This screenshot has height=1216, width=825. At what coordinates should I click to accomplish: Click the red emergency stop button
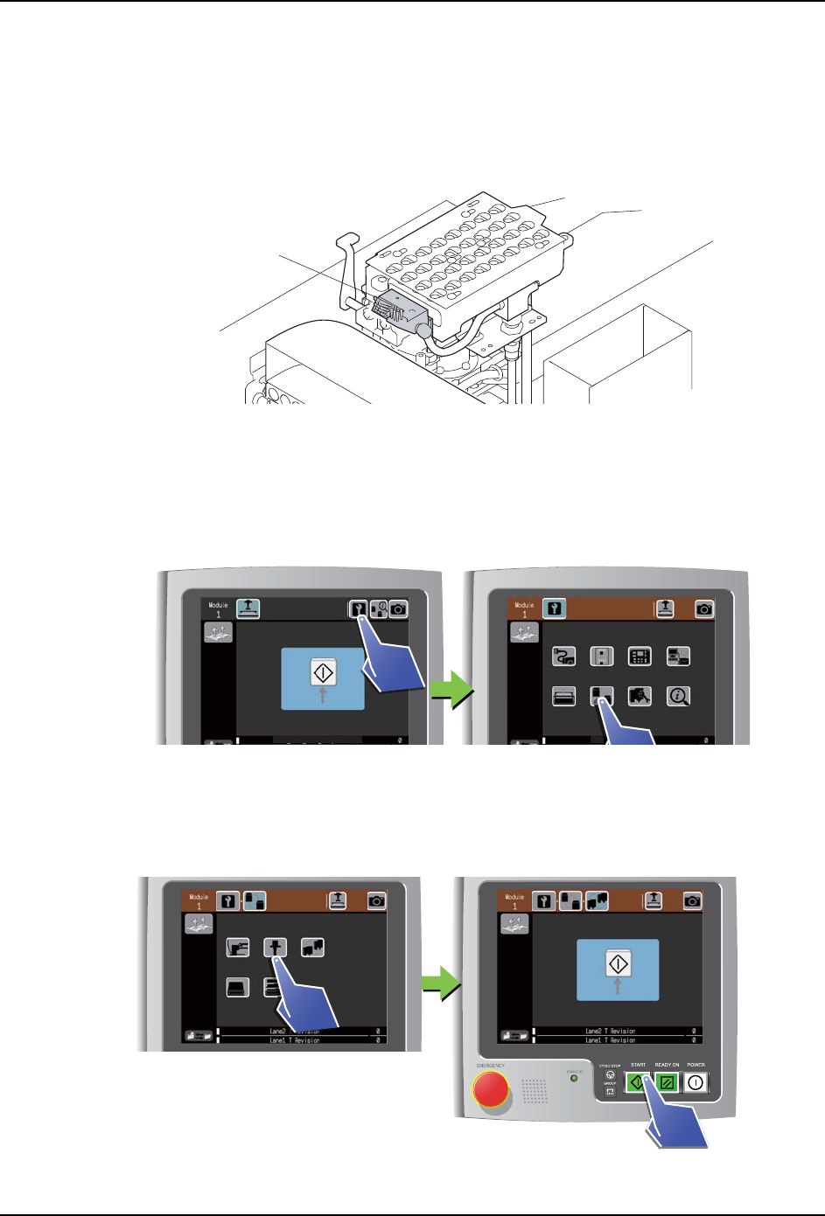point(491,1089)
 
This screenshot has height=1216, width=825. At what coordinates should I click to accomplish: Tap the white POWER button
point(696,1082)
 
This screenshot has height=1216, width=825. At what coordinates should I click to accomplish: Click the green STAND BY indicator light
point(574,1079)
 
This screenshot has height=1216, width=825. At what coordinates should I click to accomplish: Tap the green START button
point(637,1082)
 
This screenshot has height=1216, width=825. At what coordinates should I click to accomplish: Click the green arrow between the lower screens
point(440,983)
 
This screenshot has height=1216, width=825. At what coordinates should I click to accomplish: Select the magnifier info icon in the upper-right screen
point(678,696)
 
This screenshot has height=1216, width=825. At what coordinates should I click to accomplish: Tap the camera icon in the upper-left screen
point(398,608)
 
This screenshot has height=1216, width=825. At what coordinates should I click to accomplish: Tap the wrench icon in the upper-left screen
point(358,608)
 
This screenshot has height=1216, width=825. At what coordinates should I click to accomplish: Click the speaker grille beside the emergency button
point(535,1089)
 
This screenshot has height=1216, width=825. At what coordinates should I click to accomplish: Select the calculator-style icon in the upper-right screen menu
point(640,657)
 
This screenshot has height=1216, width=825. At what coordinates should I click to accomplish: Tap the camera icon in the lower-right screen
point(692,900)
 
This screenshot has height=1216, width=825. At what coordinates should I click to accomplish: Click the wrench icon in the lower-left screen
point(228,900)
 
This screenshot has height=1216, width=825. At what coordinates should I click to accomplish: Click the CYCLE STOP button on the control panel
point(610,1075)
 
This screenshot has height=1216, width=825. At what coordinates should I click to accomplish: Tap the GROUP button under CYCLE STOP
point(610,1092)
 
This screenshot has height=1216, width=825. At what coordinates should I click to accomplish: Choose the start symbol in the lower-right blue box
point(618,964)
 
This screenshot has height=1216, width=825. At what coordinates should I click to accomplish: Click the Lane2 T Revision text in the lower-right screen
point(611,1032)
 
